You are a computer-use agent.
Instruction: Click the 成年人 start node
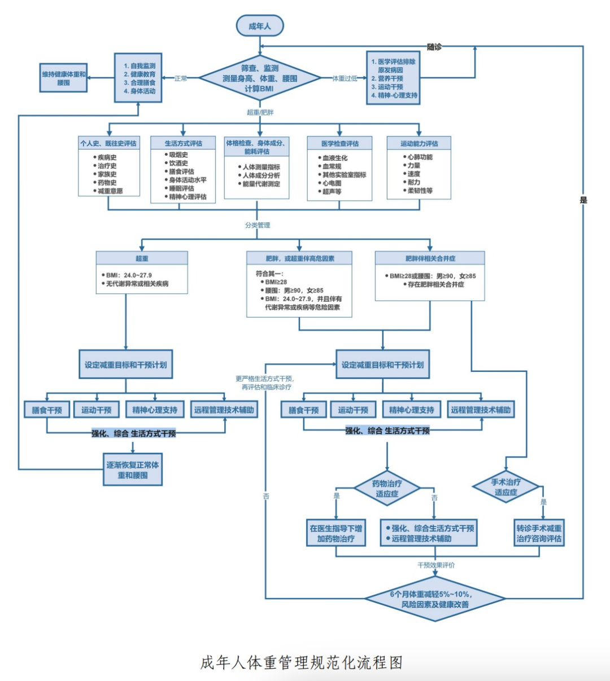(260, 25)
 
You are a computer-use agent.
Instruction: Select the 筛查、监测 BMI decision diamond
(260, 78)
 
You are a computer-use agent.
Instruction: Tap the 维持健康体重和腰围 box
(64, 78)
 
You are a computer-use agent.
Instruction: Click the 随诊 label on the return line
(434, 47)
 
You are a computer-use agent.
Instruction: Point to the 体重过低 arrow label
(345, 78)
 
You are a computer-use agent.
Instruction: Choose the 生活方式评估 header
(183, 143)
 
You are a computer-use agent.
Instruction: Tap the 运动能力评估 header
(419, 143)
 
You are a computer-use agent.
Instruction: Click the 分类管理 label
(258, 225)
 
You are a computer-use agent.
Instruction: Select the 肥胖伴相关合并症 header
(430, 258)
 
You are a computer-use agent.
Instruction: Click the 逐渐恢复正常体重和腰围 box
(133, 469)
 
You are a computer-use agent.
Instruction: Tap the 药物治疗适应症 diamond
(387, 488)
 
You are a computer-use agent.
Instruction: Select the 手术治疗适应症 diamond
(506, 486)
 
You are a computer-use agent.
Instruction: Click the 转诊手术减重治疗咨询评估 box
(539, 533)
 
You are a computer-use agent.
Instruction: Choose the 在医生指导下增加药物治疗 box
(336, 533)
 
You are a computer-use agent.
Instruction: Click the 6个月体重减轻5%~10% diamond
(435, 599)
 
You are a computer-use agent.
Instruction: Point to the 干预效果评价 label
(436, 565)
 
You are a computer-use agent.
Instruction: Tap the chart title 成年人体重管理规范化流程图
(301, 662)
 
